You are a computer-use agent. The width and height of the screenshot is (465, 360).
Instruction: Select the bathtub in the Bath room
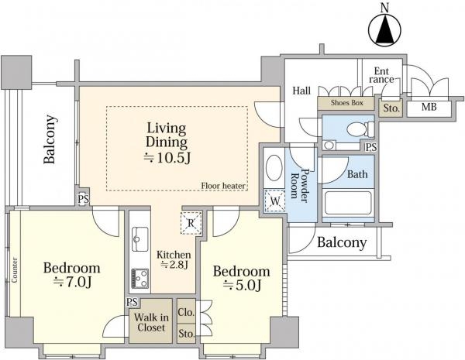(348, 203)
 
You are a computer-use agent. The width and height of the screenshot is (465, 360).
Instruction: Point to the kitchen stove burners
(140, 278)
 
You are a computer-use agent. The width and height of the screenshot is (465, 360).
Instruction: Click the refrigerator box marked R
(191, 223)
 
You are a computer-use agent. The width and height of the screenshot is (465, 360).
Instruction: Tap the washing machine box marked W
(275, 201)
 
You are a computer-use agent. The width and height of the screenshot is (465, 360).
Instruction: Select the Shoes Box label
(346, 103)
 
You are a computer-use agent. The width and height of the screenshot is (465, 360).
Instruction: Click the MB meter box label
(429, 107)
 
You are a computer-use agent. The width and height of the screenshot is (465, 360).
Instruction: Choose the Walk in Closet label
(151, 322)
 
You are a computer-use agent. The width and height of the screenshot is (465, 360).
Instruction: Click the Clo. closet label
(186, 312)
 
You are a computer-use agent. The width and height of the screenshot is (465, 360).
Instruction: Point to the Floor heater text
(223, 186)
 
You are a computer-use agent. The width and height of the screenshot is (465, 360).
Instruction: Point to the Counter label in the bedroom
(15, 270)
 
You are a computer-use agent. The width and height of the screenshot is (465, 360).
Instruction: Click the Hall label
(301, 91)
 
